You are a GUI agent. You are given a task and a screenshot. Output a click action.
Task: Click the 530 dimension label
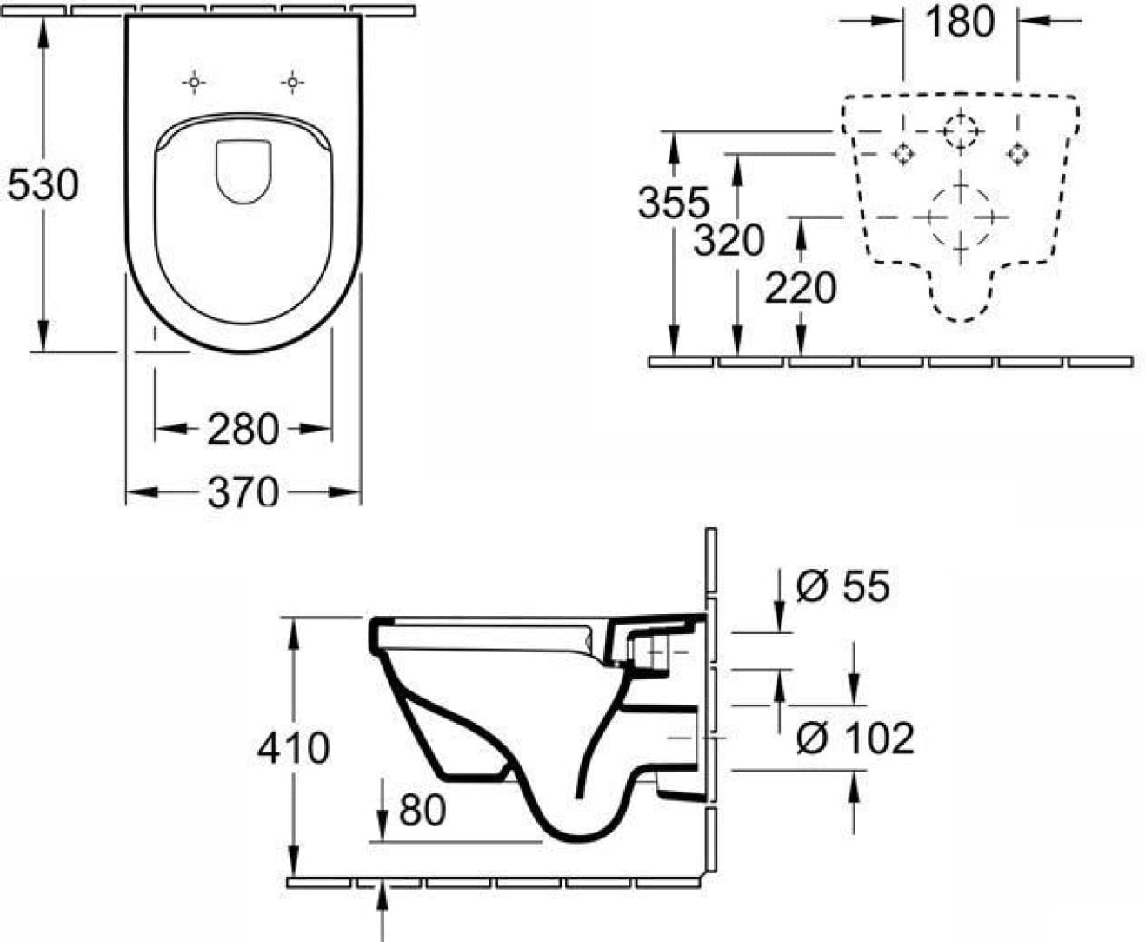tap(43, 184)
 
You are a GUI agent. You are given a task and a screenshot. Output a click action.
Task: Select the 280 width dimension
tap(243, 430)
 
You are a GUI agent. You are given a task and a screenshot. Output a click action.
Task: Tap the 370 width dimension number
tap(243, 491)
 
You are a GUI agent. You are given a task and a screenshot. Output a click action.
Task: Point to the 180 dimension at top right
tap(960, 22)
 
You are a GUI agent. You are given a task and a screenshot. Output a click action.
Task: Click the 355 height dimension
tap(674, 202)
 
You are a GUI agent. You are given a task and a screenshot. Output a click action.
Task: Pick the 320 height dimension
tap(729, 240)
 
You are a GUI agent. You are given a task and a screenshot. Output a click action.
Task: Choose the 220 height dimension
tap(801, 287)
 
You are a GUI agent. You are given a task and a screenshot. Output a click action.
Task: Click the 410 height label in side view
tap(293, 748)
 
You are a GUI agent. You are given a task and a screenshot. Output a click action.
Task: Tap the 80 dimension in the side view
tap(423, 810)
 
